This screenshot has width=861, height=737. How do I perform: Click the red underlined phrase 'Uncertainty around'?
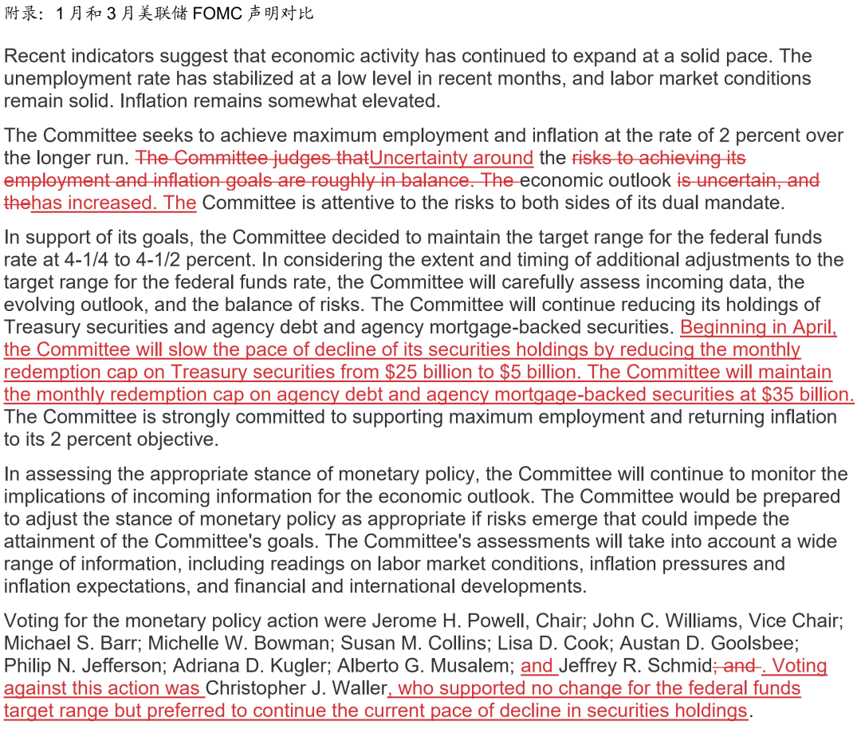pos(451,158)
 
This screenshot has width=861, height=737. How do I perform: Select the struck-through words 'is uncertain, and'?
pos(748,180)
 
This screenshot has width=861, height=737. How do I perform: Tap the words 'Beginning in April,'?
pos(758,327)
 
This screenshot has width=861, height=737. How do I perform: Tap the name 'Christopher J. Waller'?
pos(297,688)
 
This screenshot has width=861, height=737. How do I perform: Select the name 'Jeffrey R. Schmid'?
pos(635,665)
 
